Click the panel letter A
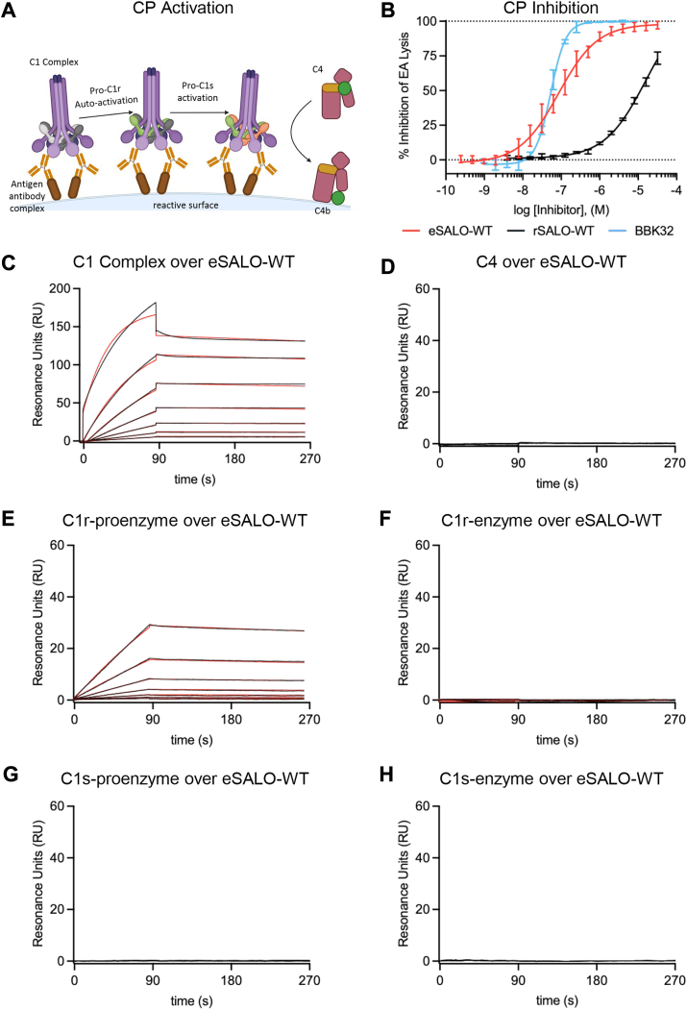9,10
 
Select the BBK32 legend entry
637,231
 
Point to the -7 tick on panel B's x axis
561,190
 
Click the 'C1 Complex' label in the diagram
54,62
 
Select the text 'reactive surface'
185,205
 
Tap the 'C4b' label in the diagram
322,210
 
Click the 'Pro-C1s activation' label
198,91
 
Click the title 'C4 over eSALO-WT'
551,261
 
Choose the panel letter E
9,519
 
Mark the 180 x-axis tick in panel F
597,720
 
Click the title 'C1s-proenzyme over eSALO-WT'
184,778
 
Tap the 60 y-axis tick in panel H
423,806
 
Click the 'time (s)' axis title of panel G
192,1000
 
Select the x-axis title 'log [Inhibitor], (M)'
561,210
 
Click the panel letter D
387,265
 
